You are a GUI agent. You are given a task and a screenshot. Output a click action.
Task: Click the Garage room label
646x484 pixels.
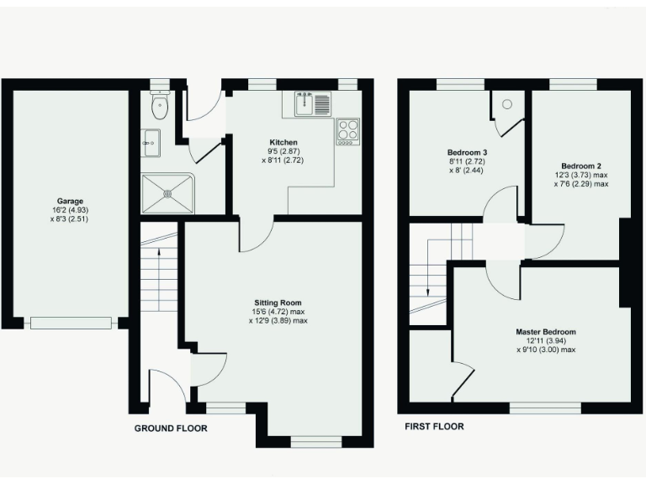coord(71,202)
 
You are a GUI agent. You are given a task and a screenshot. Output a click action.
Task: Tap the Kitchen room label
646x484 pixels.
coord(282,141)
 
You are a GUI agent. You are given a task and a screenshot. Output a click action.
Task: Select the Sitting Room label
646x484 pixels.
coord(278,302)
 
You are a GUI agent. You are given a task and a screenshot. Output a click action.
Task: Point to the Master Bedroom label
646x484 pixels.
coord(546,332)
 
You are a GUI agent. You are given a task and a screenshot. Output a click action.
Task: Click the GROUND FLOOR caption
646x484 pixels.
coord(171,429)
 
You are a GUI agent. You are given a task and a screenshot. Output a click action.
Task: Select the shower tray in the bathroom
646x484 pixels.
coord(167,192)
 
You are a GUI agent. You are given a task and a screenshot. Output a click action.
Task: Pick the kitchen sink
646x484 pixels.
coord(308,104)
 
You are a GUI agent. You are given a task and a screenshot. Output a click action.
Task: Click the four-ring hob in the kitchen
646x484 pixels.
coord(347,130)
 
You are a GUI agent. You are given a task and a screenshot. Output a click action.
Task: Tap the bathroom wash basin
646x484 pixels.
coord(150,140)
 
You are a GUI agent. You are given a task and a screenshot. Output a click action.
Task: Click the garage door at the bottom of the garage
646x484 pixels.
coord(71,322)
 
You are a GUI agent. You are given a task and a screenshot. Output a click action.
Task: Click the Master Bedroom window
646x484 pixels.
coord(544,408)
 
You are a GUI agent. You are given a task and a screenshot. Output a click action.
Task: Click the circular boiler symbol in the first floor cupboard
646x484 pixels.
coord(506,104)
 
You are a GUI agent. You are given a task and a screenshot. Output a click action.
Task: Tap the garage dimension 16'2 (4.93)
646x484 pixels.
coord(71,211)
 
